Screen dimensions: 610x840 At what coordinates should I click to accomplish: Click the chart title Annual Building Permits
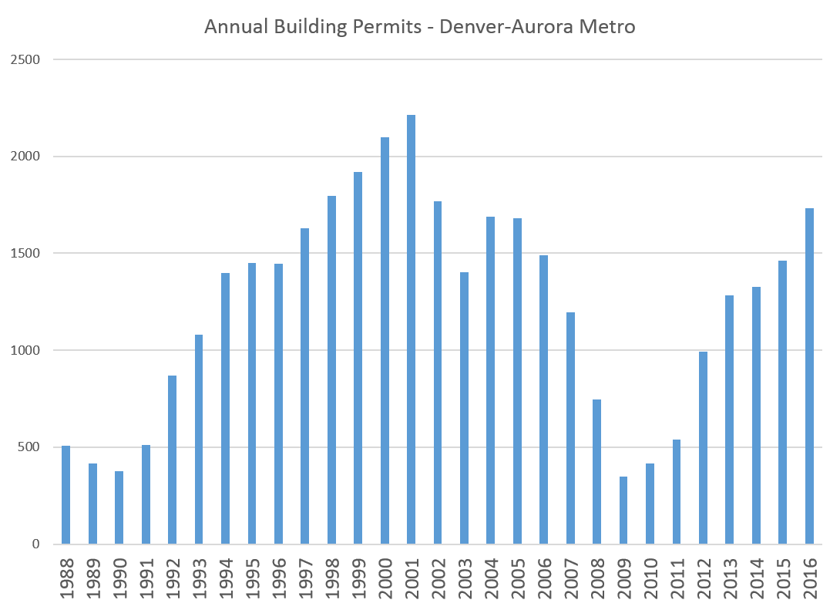419,27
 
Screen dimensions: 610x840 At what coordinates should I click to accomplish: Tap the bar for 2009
623,510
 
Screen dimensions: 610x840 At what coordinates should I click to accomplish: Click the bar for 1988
66,494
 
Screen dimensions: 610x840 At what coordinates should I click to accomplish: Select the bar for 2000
385,340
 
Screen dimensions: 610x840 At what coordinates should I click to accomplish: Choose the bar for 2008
596,471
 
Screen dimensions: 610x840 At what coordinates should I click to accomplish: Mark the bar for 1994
225,408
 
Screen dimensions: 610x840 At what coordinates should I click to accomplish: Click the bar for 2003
464,408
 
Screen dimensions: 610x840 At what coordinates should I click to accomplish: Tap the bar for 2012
703,447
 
